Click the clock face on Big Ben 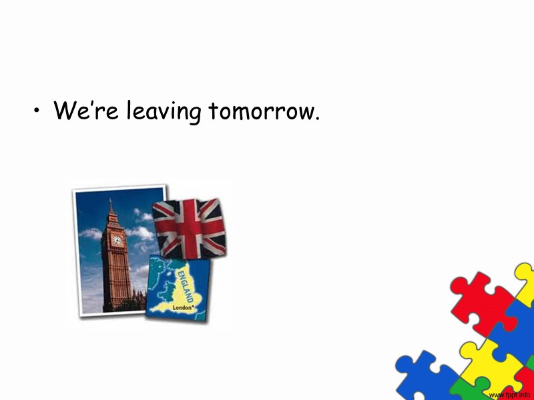[117, 240]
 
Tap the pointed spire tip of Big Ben [111, 200]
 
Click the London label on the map [183, 309]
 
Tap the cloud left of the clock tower [91, 234]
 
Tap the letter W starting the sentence [65, 110]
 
